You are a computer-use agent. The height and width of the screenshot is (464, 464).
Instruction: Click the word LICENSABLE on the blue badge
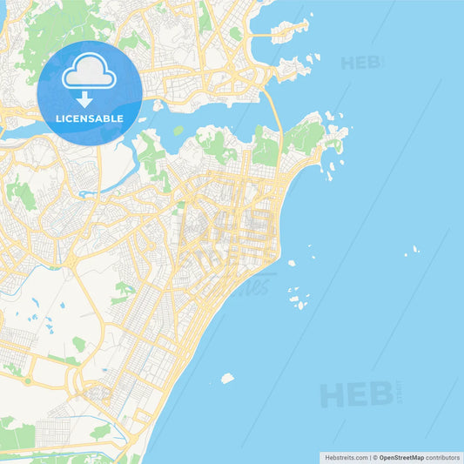[89, 118]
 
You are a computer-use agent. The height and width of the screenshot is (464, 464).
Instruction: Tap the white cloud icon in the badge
[89, 72]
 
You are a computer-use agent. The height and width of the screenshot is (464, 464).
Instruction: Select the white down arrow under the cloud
[84, 98]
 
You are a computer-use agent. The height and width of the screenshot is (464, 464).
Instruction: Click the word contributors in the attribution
[443, 456]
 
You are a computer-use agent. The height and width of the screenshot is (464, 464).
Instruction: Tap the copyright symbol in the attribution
[375, 456]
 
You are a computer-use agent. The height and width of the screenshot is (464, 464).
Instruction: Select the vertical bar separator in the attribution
[369, 456]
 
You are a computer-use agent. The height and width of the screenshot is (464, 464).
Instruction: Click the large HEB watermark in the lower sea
[356, 393]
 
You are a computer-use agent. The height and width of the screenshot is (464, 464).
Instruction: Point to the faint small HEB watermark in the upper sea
[360, 63]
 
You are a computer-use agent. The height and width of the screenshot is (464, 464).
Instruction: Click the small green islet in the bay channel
[178, 131]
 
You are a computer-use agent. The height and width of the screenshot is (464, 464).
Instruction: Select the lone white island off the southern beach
[227, 378]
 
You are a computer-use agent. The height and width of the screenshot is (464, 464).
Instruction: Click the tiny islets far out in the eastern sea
[411, 251]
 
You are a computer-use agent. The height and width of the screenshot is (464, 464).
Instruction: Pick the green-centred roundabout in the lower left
[27, 380]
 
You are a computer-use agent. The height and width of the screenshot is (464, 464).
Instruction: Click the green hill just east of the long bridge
[305, 135]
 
